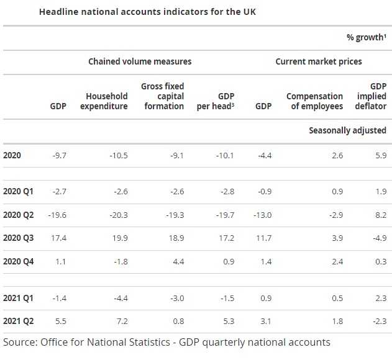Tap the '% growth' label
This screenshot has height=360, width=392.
366,37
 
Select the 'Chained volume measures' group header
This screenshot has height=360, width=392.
140,61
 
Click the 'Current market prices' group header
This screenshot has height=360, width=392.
318,61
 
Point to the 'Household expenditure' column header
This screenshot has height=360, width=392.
107,101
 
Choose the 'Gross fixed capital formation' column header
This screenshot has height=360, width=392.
163,96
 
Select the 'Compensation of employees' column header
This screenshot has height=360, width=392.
314,101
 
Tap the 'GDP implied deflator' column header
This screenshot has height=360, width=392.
374,96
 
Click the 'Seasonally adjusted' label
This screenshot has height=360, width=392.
347,130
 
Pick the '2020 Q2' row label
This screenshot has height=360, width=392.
18,215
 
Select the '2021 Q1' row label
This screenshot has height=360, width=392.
18,299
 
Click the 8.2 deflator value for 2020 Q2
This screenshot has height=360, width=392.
380,215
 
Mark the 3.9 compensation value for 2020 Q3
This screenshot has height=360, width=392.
337,238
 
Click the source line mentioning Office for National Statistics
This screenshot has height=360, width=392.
166,342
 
